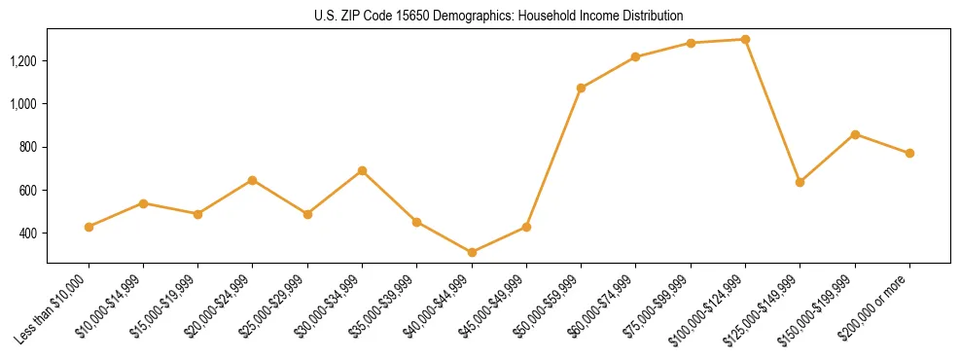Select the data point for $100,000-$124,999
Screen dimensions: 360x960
pyautogui.click(x=745, y=40)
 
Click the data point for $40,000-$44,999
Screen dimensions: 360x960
pyautogui.click(x=472, y=252)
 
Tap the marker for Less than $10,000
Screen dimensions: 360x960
pyautogui.click(x=89, y=227)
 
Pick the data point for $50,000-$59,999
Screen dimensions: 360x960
pyautogui.click(x=581, y=89)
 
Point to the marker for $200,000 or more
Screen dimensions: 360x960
pyautogui.click(x=909, y=153)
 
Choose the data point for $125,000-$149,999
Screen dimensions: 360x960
pyautogui.click(x=800, y=182)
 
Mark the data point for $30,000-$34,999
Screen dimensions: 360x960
pyautogui.click(x=362, y=170)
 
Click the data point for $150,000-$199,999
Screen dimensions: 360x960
pyautogui.click(x=855, y=134)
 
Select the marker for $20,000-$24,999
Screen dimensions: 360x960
pyautogui.click(x=253, y=180)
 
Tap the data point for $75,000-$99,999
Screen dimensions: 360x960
pyautogui.click(x=691, y=43)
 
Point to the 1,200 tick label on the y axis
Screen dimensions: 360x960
pyautogui.click(x=22, y=61)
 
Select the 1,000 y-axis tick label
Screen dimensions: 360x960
pyautogui.click(x=22, y=104)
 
